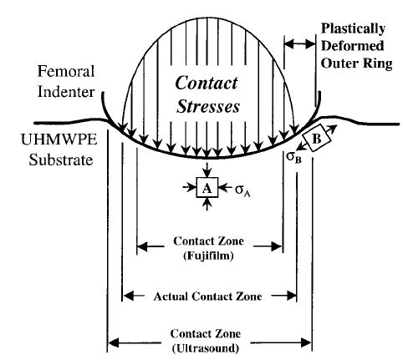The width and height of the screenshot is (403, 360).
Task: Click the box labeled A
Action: pyautogui.click(x=207, y=187)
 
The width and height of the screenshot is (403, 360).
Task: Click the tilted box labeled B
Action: pyautogui.click(x=317, y=138)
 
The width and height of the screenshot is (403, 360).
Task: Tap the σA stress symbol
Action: pyautogui.click(x=242, y=190)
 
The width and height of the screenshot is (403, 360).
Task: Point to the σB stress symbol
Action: pyautogui.click(x=293, y=158)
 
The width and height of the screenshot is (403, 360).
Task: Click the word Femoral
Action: pyautogui.click(x=66, y=71)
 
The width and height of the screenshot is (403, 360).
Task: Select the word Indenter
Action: pyautogui.click(x=66, y=92)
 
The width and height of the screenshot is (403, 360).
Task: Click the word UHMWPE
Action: pyautogui.click(x=59, y=139)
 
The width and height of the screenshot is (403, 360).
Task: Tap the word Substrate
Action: pyautogui.click(x=61, y=160)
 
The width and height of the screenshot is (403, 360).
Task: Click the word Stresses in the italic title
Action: pyautogui.click(x=208, y=106)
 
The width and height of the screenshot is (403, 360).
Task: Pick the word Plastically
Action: pyautogui.click(x=353, y=29)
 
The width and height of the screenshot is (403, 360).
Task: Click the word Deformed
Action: pyautogui.click(x=353, y=46)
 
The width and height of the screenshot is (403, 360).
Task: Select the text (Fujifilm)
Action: pyautogui.click(x=208, y=256)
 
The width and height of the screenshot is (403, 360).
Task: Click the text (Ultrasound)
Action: pyautogui.click(x=206, y=348)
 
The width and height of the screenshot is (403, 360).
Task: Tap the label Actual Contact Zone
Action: pyautogui.click(x=207, y=297)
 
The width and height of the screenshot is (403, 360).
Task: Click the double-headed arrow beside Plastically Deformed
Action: pyautogui.click(x=300, y=44)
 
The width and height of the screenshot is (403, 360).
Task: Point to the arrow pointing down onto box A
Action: pyautogui.click(x=207, y=170)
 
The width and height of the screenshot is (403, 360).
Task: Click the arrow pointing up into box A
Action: pyautogui.click(x=207, y=205)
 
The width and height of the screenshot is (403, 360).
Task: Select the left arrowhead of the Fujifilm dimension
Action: pyautogui.click(x=142, y=246)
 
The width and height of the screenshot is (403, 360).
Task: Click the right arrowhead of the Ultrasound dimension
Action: pyautogui.click(x=306, y=342)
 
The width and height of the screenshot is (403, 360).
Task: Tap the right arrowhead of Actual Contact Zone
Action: pyautogui.click(x=292, y=296)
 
